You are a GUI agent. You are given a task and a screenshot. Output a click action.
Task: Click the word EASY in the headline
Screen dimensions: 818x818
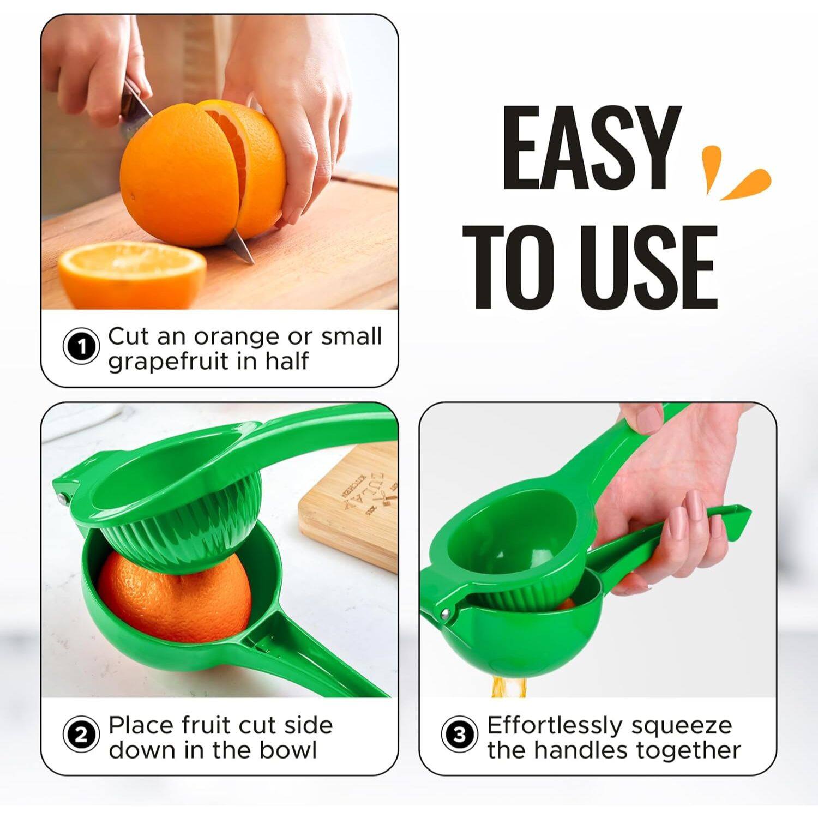click(x=591, y=148)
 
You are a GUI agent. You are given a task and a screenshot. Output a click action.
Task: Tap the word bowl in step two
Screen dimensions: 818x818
click(x=288, y=750)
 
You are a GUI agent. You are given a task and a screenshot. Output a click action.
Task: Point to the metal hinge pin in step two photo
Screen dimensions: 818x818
click(x=61, y=497)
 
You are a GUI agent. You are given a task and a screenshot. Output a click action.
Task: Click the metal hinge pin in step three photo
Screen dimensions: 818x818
click(x=446, y=614)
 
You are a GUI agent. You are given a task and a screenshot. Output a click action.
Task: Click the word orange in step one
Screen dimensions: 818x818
click(x=237, y=337)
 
